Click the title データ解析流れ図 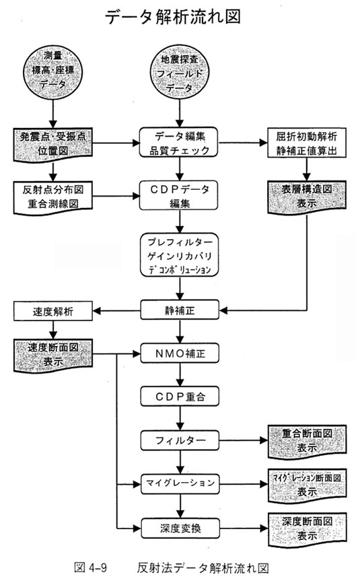pos(173,18)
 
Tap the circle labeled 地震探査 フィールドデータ pos(180,73)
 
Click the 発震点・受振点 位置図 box pos(52,144)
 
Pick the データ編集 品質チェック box pos(180,143)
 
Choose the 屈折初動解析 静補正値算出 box pos(306,143)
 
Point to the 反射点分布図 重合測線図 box pos(52,197)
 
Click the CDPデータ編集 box pos(180,196)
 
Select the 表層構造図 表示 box pos(306,197)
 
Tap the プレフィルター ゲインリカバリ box pos(180,255)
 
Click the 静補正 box pos(180,310)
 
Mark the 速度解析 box pos(52,311)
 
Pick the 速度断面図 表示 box pos(52,355)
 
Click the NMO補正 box pos(180,353)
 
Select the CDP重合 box pos(180,397)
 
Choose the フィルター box pos(180,440)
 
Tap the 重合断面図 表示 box pos(307,441)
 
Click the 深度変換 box pos(180,528)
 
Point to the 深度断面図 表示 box pos(307,529)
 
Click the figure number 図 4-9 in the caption pos(91,568)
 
